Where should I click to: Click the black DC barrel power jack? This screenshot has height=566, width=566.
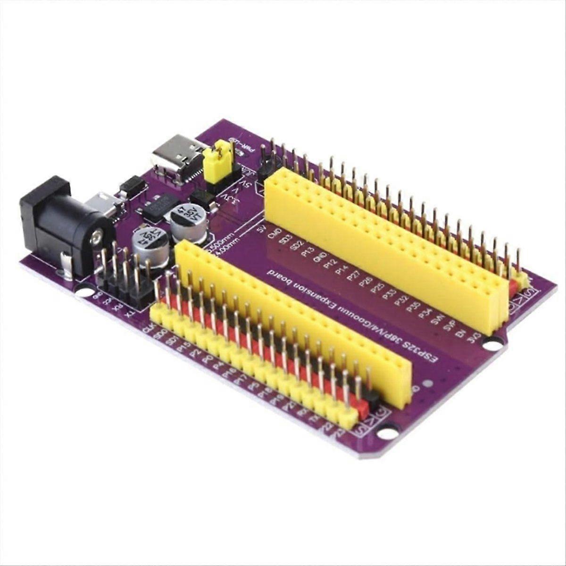61,222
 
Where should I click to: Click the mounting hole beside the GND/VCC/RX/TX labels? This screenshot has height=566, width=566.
85,292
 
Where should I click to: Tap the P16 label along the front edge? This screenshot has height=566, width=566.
229,373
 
